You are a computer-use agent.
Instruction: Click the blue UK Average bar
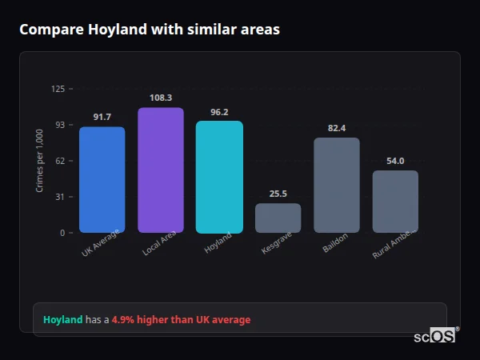102,180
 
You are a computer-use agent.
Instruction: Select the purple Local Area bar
160,170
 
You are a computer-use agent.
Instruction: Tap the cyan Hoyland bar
219,177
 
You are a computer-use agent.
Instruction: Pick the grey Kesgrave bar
278,218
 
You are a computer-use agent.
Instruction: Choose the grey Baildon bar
337,186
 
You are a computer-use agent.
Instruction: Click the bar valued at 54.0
395,202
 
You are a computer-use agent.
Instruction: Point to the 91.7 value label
102,118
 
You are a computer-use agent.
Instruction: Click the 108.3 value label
160,98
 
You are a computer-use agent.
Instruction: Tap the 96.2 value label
219,112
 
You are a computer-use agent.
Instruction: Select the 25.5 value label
278,194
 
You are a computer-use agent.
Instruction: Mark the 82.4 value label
337,128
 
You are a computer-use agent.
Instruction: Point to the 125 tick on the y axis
58,89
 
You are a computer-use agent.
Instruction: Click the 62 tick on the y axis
60,161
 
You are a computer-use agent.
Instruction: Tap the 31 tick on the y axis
60,197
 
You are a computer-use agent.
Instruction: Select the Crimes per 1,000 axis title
40,161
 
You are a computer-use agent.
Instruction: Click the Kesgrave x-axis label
276,244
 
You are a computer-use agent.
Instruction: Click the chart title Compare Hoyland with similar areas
150,30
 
